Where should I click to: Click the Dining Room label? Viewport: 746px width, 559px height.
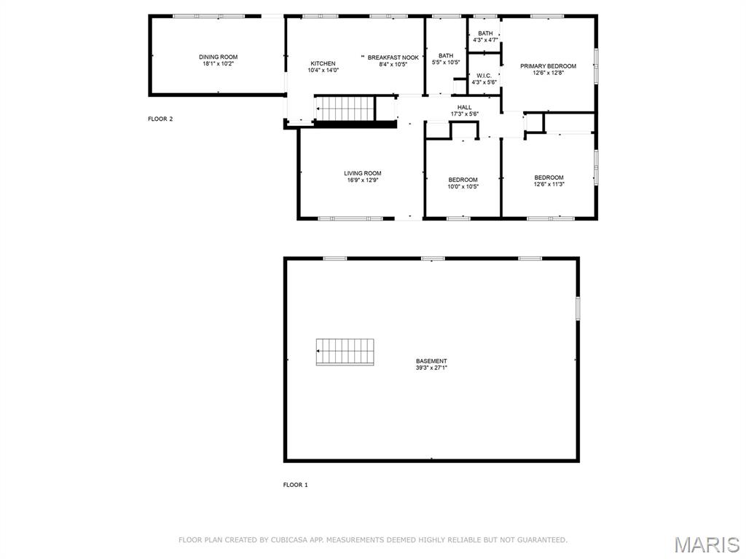218,57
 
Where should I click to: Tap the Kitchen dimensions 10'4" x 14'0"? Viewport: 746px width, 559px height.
323,71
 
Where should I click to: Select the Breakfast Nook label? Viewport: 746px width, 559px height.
393,57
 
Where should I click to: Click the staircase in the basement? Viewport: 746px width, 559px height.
345,352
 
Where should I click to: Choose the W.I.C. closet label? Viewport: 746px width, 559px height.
484,76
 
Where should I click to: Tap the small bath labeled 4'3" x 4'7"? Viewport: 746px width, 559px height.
484,36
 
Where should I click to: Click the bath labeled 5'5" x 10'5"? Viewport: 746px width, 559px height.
445,59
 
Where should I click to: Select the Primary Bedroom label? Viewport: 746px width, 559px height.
548,66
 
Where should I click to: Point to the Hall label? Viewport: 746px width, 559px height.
464,107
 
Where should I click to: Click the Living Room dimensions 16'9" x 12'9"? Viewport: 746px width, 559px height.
363,180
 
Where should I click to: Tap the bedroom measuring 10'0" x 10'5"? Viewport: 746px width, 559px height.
463,183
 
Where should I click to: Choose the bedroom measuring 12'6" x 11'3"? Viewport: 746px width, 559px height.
549,181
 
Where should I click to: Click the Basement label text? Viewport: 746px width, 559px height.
431,361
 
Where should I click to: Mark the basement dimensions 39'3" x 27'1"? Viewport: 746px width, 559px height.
431,368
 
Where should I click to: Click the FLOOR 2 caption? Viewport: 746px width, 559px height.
160,119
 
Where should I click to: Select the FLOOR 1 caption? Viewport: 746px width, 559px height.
295,485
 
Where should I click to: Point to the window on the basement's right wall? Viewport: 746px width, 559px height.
578,308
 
